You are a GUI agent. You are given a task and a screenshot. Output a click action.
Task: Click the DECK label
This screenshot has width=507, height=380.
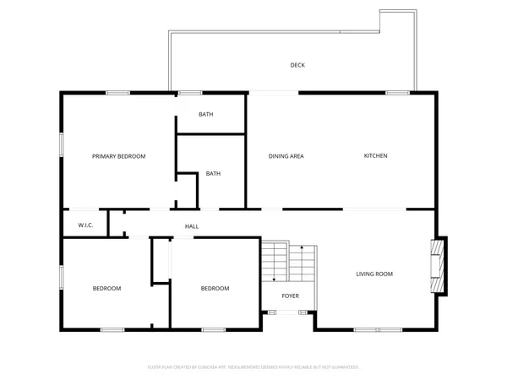[x=297, y=65]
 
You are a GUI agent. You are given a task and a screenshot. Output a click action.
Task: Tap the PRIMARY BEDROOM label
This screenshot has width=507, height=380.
[x=119, y=156]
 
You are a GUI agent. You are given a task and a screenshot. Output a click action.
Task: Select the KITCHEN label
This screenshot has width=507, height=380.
[x=375, y=155]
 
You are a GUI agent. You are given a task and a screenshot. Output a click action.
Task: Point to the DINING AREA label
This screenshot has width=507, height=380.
[x=286, y=156]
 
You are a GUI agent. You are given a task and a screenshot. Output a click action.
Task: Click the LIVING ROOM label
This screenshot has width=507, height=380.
[x=373, y=274]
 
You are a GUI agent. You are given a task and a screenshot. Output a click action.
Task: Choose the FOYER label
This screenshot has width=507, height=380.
[x=291, y=296]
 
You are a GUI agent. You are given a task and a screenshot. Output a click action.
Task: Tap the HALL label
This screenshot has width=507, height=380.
[x=192, y=226]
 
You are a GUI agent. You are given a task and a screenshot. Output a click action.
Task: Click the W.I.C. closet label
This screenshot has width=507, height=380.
[x=85, y=225]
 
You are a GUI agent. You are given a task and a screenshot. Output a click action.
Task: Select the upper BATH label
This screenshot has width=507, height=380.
[x=206, y=114]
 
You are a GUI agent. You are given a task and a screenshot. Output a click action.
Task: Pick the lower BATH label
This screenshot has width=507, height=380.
[x=213, y=174]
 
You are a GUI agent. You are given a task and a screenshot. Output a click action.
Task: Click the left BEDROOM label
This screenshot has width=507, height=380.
[x=106, y=289]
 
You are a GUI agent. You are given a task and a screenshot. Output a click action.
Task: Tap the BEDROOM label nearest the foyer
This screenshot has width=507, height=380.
[x=215, y=289]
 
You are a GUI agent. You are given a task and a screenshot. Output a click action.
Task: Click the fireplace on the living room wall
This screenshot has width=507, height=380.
[x=438, y=266]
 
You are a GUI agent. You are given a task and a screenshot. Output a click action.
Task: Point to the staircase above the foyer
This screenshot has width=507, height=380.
[x=288, y=263]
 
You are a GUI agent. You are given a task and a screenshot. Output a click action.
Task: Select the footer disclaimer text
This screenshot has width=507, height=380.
[x=253, y=366]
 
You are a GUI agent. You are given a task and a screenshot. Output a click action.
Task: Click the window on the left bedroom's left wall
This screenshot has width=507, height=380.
[x=61, y=279]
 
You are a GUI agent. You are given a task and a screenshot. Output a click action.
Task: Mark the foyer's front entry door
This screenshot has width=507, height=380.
[x=291, y=312]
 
